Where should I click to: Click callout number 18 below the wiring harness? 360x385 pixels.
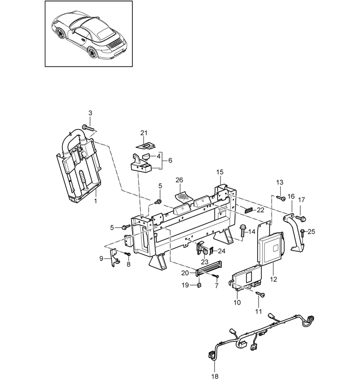(x=215, y=376)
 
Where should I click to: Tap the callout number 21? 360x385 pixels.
(x=144, y=133)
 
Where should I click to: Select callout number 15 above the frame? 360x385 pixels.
(x=220, y=172)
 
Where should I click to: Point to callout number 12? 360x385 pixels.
(x=274, y=279)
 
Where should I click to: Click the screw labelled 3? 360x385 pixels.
(x=88, y=128)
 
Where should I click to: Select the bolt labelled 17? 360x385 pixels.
(x=300, y=218)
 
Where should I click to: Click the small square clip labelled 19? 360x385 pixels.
(x=199, y=285)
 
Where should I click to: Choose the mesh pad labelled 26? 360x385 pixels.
(x=184, y=196)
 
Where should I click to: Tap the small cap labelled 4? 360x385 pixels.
(x=147, y=156)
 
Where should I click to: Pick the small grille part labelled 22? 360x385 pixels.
(x=249, y=210)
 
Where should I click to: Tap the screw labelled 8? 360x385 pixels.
(x=128, y=253)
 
